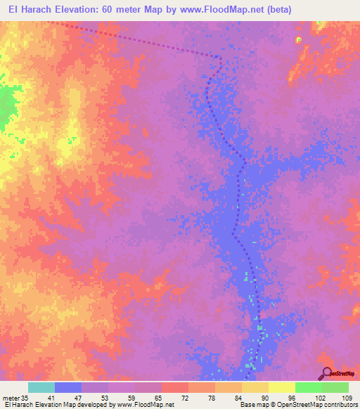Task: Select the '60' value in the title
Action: pyautogui.click(x=119, y=10)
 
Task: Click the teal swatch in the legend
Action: pyautogui.click(x=41, y=387)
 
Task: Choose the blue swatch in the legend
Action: pyautogui.click(x=68, y=387)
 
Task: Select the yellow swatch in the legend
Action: pyautogui.click(x=282, y=387)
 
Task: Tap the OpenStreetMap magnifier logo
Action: pyautogui.click(x=326, y=375)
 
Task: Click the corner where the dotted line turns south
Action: pyautogui.click(x=221, y=58)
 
